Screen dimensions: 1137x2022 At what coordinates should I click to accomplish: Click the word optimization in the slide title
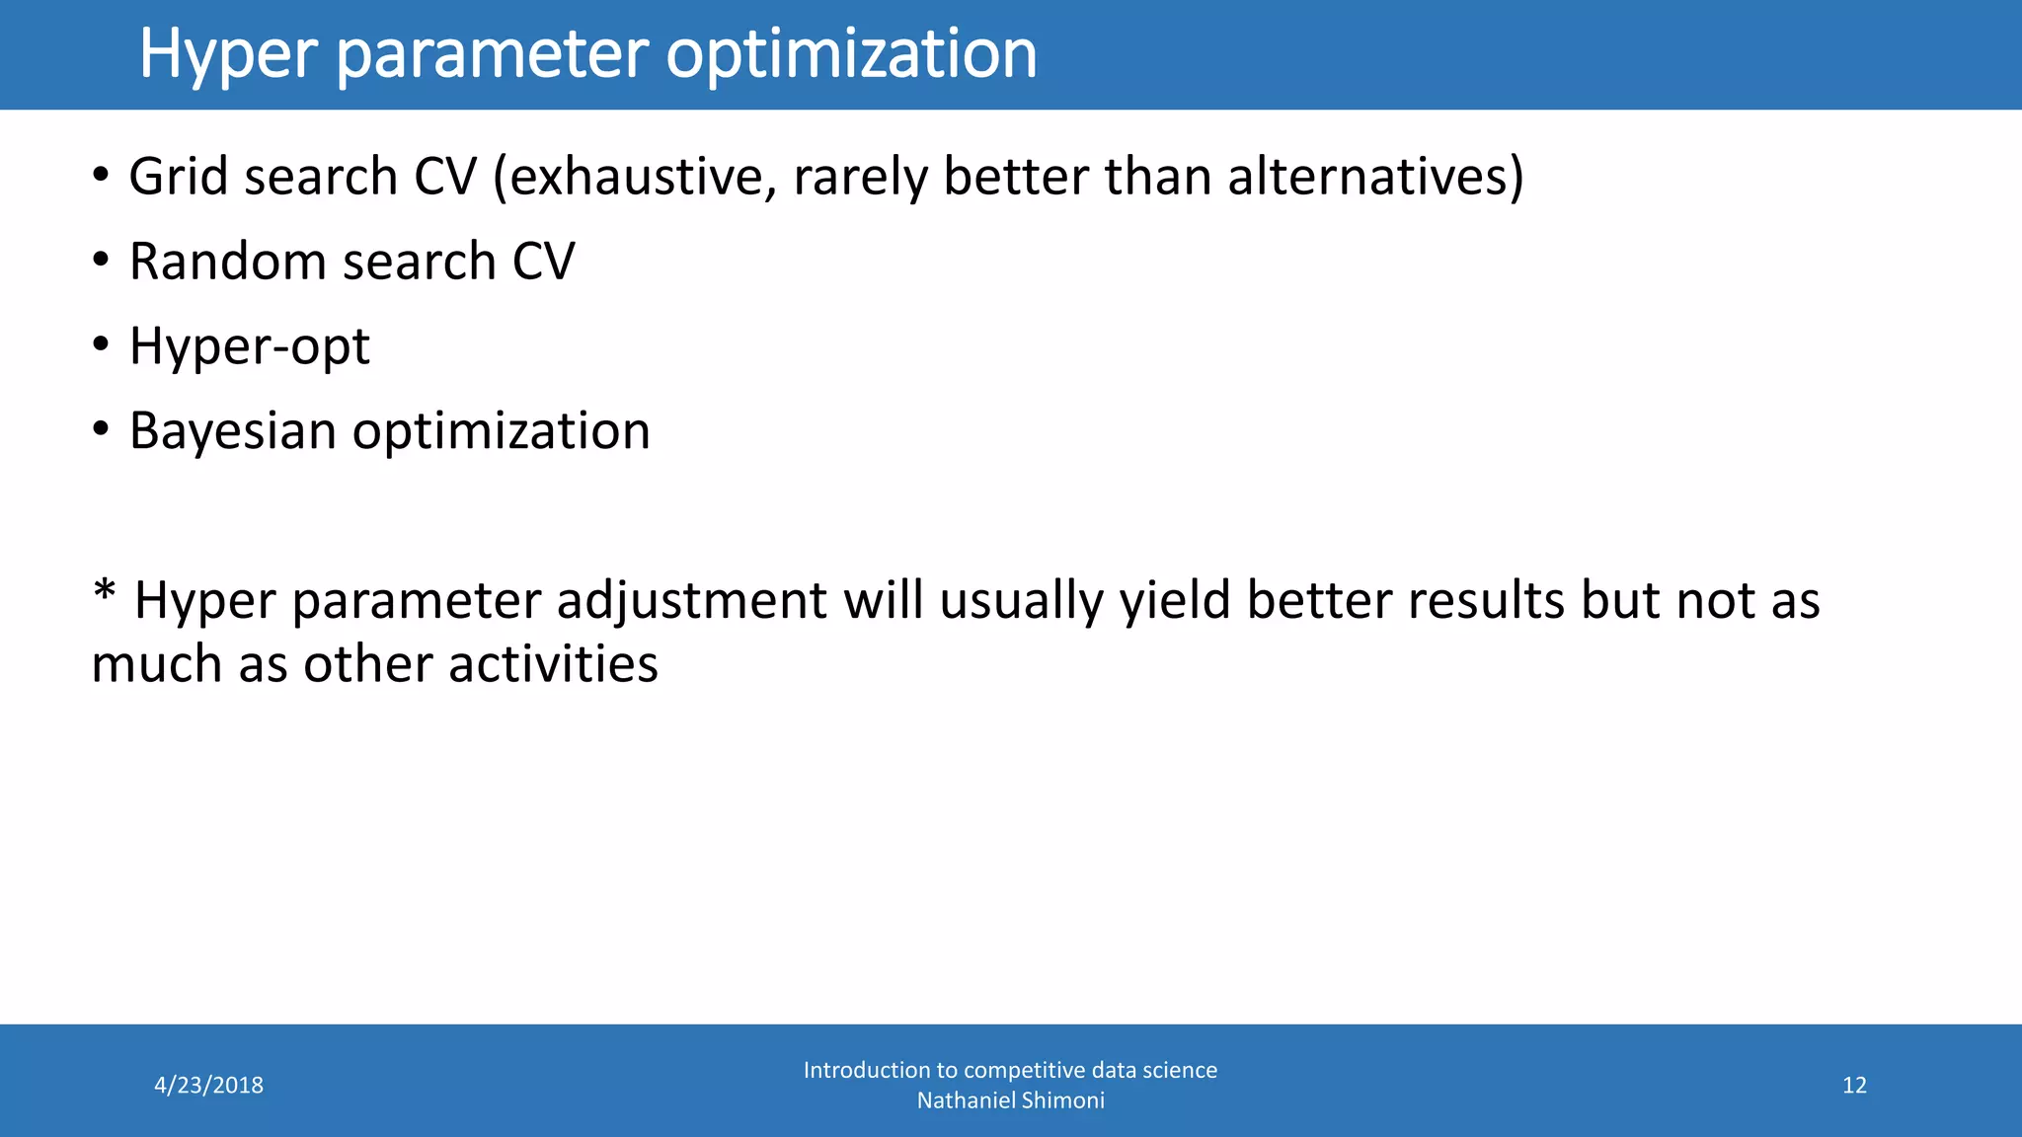(x=851, y=54)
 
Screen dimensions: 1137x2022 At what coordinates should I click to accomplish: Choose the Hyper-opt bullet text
(x=249, y=347)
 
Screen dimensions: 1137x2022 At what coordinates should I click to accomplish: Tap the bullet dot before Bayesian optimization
(x=101, y=430)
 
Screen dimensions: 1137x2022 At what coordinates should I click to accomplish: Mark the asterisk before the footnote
(x=104, y=594)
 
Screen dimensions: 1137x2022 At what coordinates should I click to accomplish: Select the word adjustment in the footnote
(x=690, y=601)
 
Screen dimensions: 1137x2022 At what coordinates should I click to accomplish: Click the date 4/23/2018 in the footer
(x=208, y=1086)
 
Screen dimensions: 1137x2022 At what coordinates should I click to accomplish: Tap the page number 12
(x=1854, y=1086)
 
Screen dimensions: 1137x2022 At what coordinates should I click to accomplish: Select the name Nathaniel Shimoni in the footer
(x=1010, y=1100)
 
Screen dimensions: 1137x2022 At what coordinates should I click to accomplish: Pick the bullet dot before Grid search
(x=101, y=176)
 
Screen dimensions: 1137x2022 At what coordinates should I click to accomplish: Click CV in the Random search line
(x=543, y=263)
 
